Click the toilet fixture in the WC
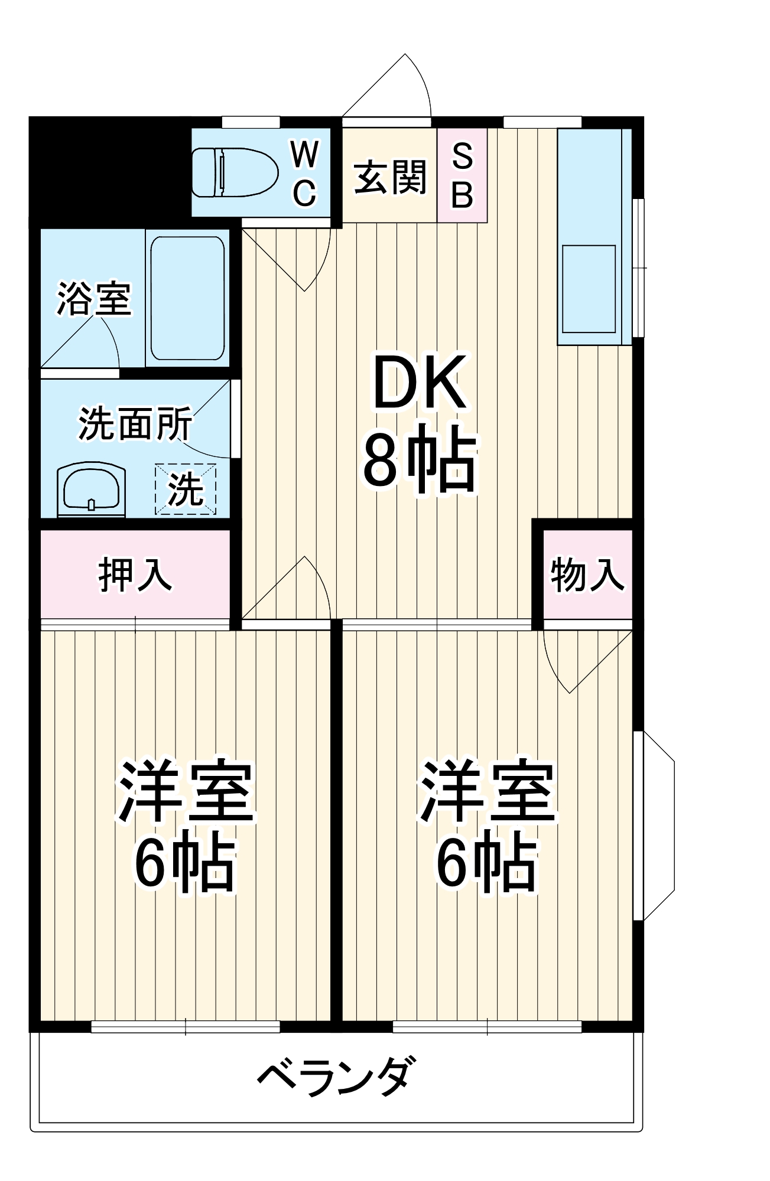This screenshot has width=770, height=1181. point(235,172)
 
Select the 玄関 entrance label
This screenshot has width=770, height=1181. point(389,177)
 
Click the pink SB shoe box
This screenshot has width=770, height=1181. point(462,176)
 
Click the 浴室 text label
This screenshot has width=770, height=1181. point(93,299)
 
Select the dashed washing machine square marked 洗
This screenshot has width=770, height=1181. point(186,489)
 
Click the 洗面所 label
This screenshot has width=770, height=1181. point(135,423)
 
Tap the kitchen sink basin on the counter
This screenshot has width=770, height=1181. point(589,289)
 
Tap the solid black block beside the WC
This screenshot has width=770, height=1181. point(109,171)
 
